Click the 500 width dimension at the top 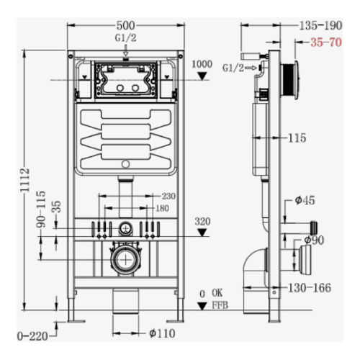pos(125,25)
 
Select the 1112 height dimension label pos(24,180)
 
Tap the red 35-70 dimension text pos(326,42)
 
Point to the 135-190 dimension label pos(320,25)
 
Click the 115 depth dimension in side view pos(297,138)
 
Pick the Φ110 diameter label pos(162,333)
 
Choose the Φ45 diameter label pos(305,200)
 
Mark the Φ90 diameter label pos(314,240)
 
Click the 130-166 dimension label pos(310,288)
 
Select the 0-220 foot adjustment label pos(32,336)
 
